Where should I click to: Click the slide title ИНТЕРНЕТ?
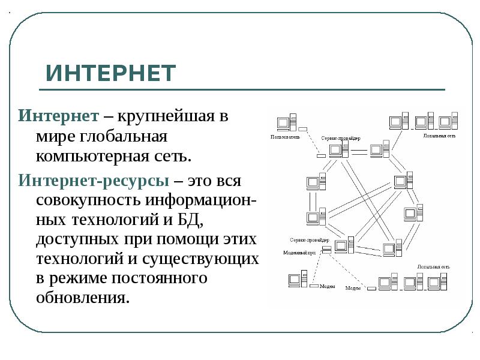pyautogui.click(x=111, y=73)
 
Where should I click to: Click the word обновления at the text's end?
pyautogui.click(x=82, y=298)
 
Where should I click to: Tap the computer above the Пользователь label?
pyautogui.click(x=284, y=123)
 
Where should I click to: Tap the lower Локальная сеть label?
pyautogui.click(x=433, y=266)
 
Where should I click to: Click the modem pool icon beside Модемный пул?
pyautogui.click(x=325, y=249)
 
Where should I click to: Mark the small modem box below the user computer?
pyautogui.click(x=302, y=128)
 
